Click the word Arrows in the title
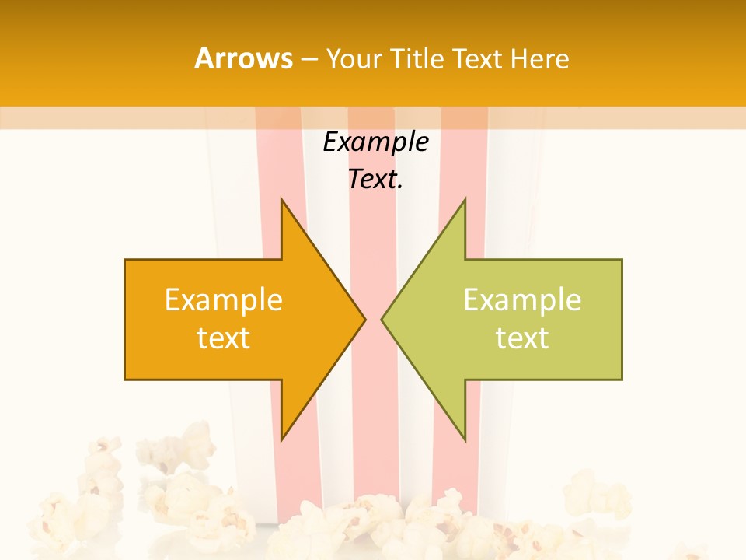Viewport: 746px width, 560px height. (244, 58)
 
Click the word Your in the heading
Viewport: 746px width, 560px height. (354, 58)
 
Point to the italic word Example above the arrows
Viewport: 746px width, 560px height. (375, 142)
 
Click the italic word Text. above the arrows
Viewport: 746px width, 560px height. (375, 180)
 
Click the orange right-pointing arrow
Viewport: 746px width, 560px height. (233, 319)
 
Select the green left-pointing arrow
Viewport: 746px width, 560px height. (513, 319)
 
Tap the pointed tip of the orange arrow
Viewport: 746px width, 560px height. (362, 319)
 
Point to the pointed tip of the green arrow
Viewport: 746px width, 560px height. (385, 319)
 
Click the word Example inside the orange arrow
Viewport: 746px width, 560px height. (224, 299)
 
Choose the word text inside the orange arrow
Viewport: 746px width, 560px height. (224, 338)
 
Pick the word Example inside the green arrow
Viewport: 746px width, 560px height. (522, 299)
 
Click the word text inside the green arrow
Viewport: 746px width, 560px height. (522, 338)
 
